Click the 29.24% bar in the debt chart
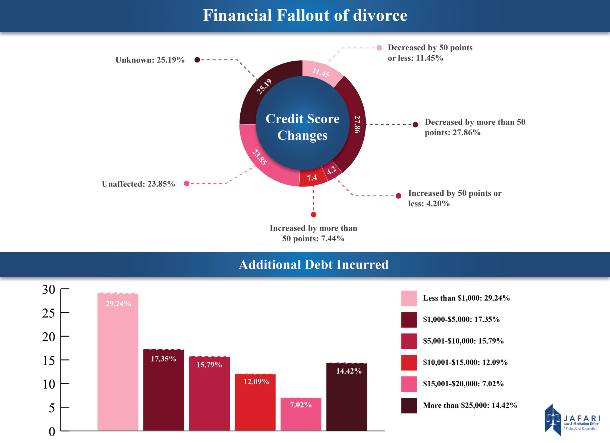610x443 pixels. pyautogui.click(x=118, y=362)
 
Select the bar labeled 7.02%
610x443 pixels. pyautogui.click(x=301, y=414)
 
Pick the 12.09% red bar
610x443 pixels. pyautogui.click(x=255, y=402)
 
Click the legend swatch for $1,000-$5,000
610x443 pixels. pyautogui.click(x=409, y=320)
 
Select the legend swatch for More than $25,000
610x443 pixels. pyautogui.click(x=409, y=405)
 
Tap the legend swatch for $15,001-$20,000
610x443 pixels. pyautogui.click(x=409, y=384)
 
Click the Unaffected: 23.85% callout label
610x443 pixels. pyautogui.click(x=139, y=184)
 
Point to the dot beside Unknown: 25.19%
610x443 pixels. pyautogui.click(x=197, y=60)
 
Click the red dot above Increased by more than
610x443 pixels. pyautogui.click(x=313, y=214)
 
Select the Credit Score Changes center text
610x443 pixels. pyautogui.click(x=302, y=127)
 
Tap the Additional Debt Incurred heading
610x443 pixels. pyautogui.click(x=313, y=265)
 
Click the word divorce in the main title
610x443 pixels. pyautogui.click(x=380, y=15)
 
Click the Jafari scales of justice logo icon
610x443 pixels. pyautogui.click(x=553, y=419)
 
